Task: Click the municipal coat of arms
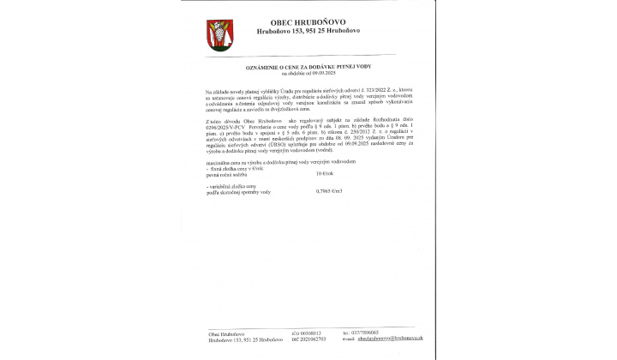217,35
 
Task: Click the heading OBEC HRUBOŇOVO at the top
308,23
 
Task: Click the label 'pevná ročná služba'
225,174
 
